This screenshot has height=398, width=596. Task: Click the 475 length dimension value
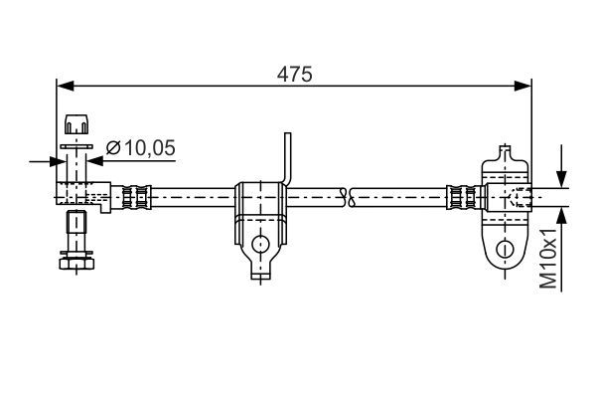pos(294,74)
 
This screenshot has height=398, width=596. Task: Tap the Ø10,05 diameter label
pos(140,148)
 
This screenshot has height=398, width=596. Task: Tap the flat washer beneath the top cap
pos(75,146)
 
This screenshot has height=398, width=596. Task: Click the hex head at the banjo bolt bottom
pos(74,261)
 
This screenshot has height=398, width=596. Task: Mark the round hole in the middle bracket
pos(261,242)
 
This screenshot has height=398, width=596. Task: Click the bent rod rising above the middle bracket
pos(288,159)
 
